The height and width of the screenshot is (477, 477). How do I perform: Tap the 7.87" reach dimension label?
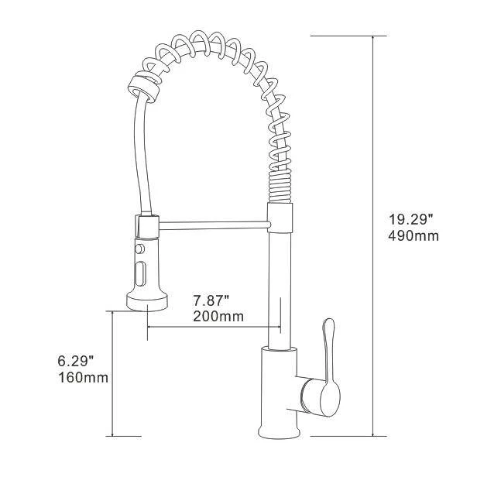tap(210, 300)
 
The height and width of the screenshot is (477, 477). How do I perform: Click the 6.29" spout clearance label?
tap(75, 361)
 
